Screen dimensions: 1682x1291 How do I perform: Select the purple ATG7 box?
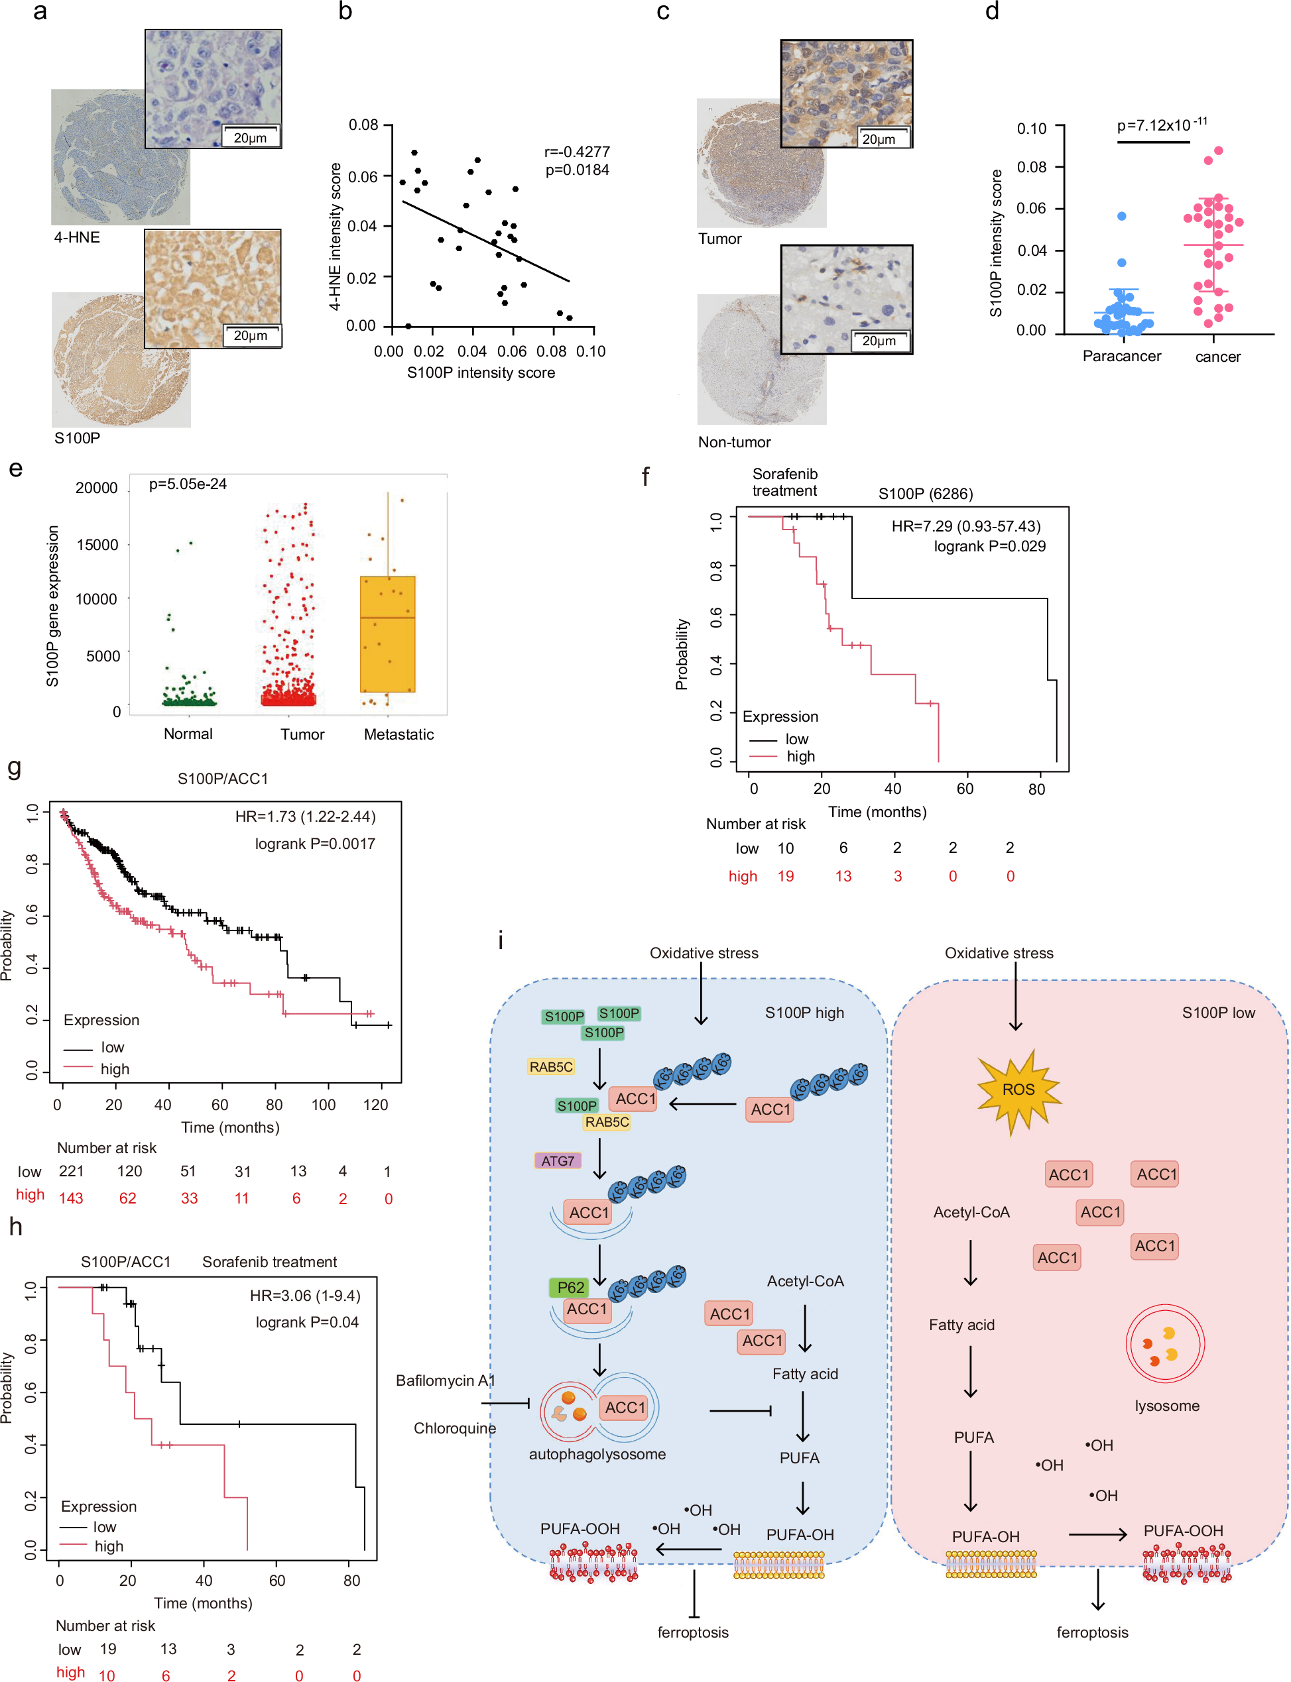557,1160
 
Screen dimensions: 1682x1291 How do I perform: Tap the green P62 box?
570,1286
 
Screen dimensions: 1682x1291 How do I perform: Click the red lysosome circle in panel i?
1164,1344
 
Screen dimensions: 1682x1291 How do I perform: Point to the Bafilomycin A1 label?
445,1380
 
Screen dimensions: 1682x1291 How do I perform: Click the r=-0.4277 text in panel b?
576,152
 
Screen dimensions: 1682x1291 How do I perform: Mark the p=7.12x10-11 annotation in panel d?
1160,125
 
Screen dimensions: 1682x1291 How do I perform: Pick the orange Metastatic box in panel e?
387,634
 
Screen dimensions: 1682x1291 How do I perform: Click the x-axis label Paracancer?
1121,357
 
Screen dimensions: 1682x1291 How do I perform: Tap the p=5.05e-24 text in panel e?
188,484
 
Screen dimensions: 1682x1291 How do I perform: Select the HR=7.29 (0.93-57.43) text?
965,526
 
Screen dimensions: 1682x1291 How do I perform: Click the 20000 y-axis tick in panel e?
97,488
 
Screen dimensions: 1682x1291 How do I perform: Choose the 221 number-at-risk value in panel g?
71,1170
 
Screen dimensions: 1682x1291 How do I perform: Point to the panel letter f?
646,477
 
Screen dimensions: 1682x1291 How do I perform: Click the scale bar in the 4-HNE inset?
251,137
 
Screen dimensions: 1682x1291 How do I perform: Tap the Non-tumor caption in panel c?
734,441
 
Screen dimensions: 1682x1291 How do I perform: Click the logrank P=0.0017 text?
314,843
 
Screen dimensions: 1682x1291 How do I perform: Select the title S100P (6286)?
925,494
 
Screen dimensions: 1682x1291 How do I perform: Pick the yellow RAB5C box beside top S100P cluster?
550,1067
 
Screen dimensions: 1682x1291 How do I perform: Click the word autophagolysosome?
597,1454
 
